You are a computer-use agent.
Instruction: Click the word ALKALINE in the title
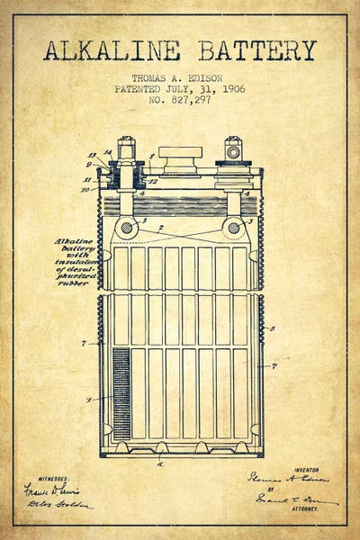[112, 50]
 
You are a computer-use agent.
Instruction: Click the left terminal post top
[125, 145]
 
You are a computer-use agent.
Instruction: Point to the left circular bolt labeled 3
[127, 228]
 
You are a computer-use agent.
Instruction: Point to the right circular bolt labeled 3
[233, 228]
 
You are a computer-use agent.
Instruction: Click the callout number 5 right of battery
[272, 328]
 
